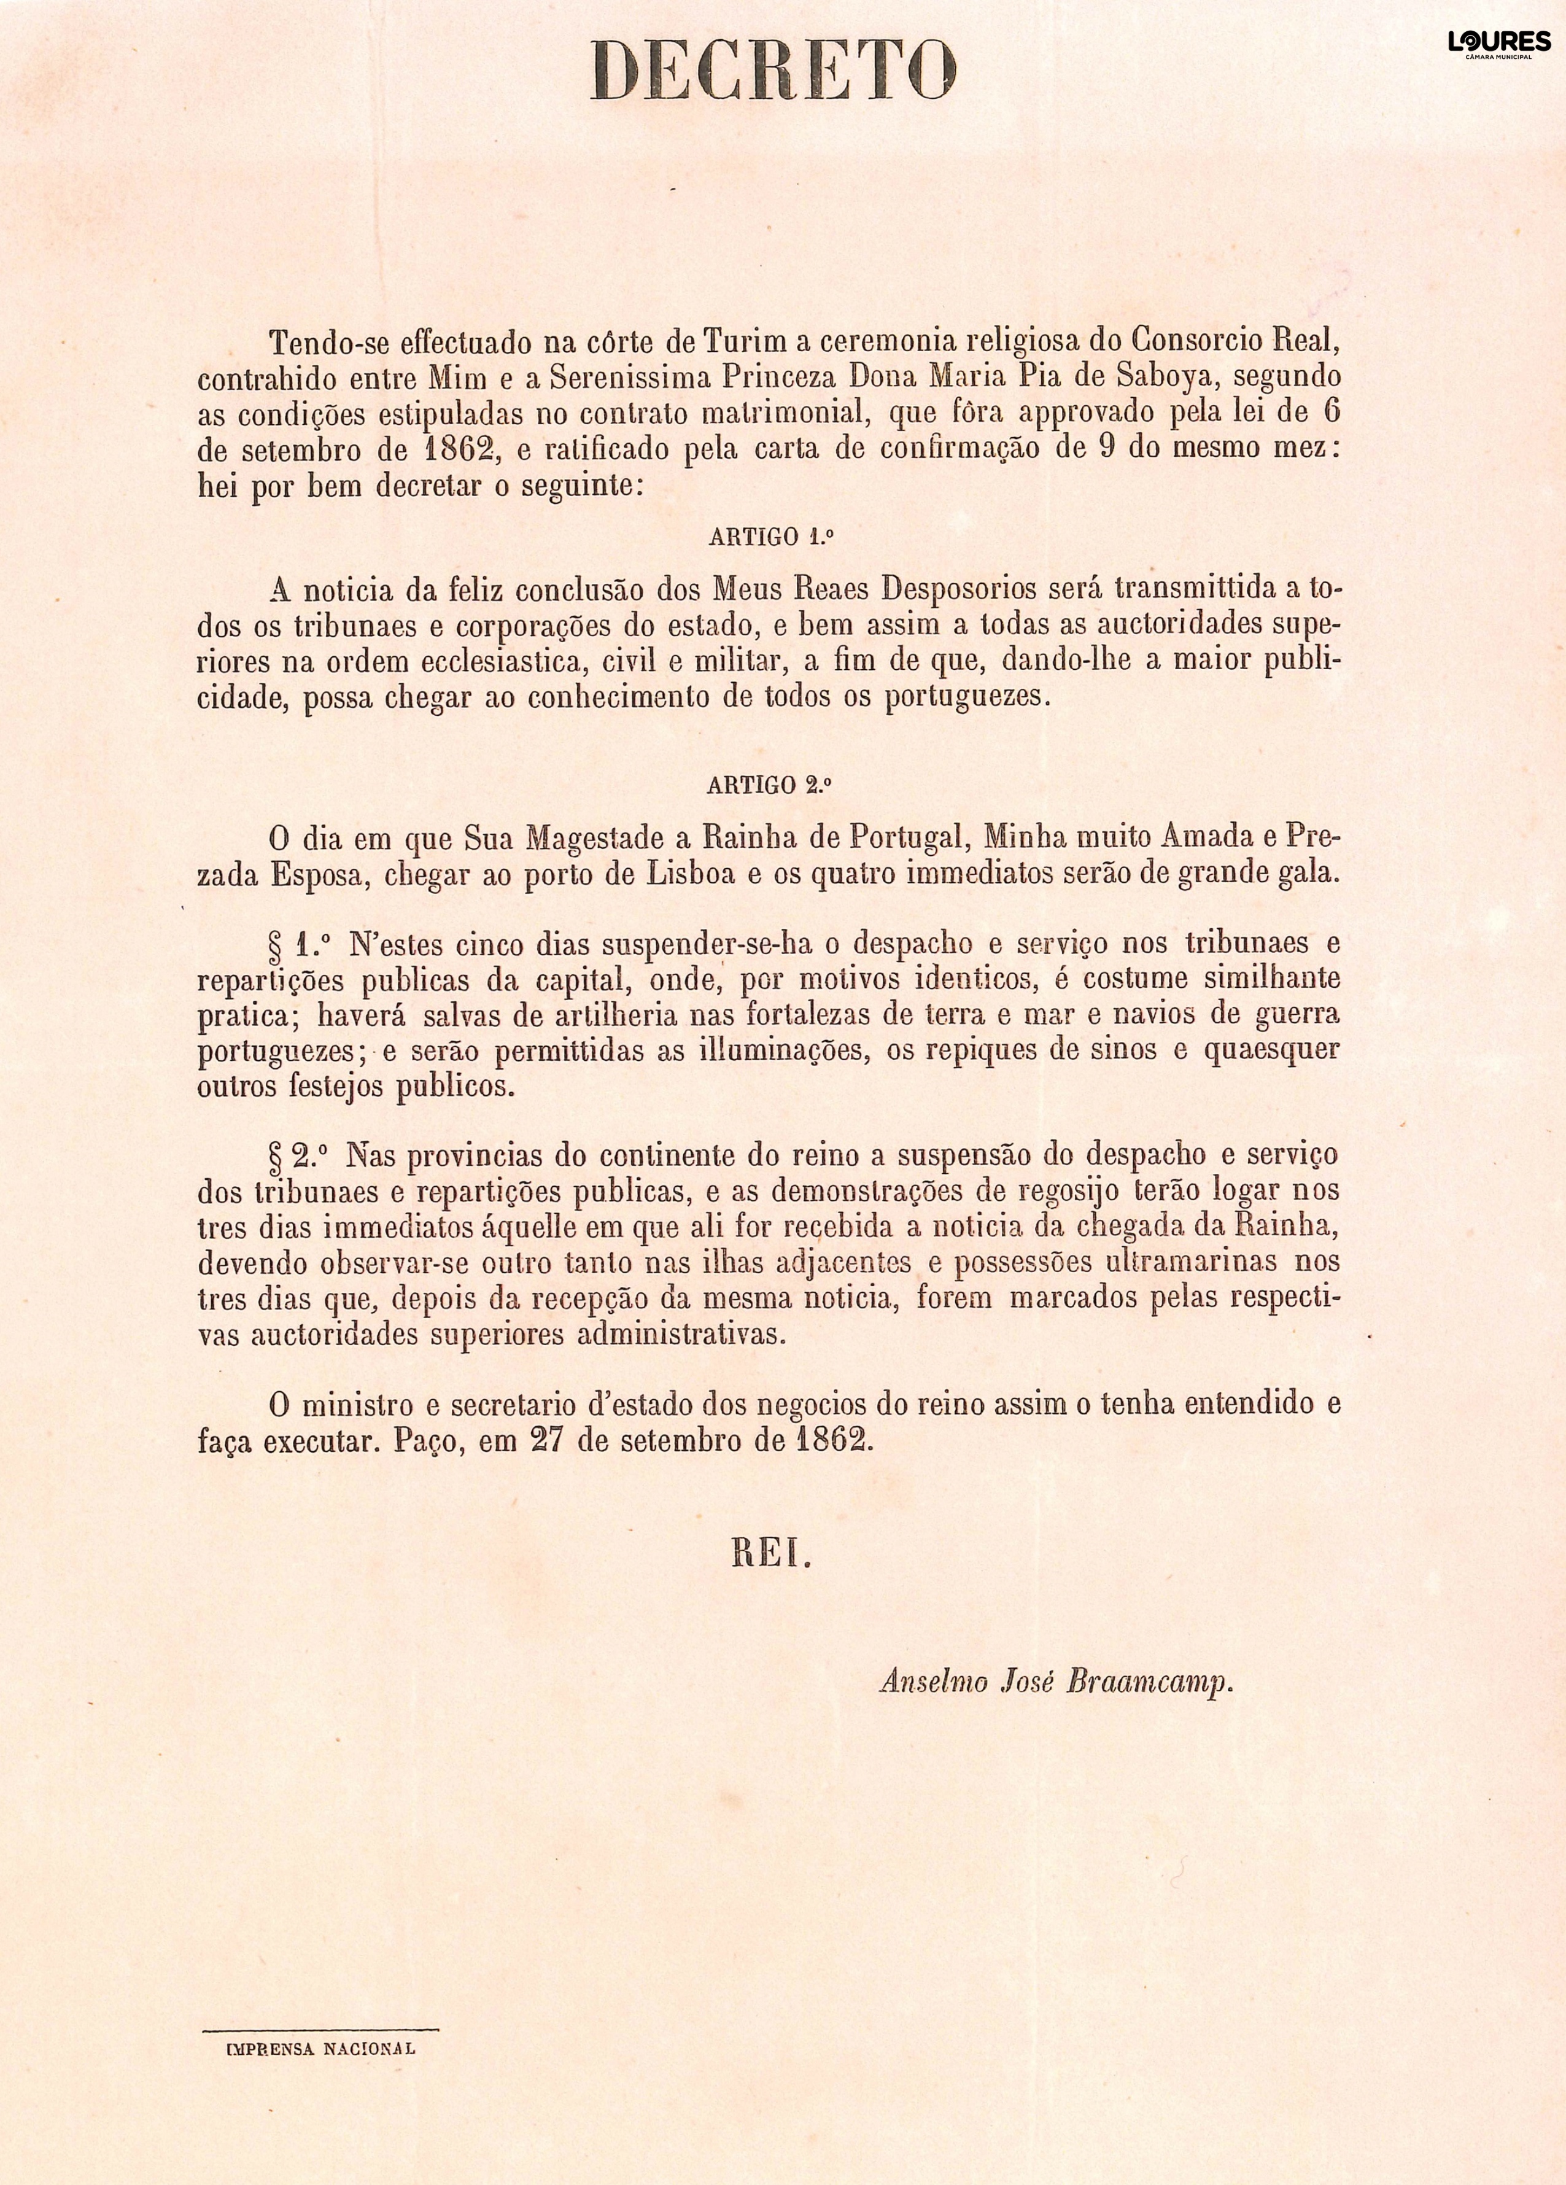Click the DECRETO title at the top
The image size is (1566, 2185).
[773, 72]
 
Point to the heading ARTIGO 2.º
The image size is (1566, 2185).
[769, 785]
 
